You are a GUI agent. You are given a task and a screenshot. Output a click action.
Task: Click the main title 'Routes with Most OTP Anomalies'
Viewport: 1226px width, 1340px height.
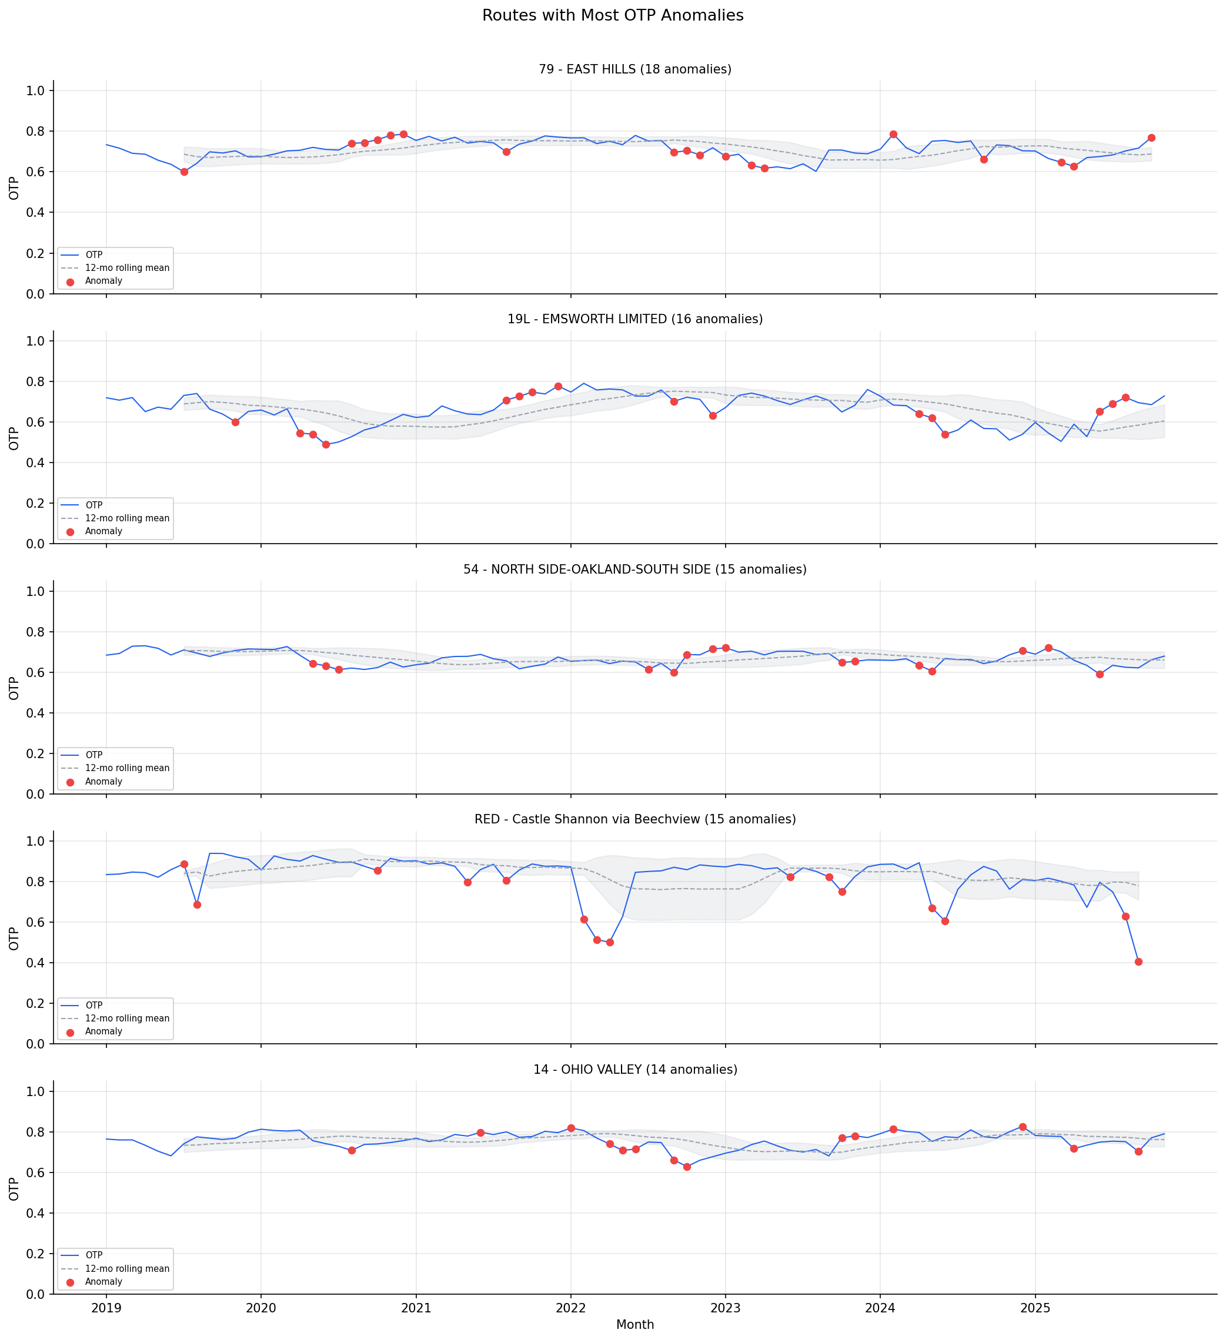pos(612,15)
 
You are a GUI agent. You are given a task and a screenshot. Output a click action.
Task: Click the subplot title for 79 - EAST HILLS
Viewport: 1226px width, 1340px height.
pos(634,69)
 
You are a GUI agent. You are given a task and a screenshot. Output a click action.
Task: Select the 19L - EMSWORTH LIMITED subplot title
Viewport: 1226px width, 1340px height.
pos(634,319)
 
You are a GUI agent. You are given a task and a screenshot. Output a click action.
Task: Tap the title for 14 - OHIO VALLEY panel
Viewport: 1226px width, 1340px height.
pos(634,1070)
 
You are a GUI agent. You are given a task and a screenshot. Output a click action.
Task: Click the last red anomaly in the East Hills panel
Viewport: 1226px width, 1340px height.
pos(1151,138)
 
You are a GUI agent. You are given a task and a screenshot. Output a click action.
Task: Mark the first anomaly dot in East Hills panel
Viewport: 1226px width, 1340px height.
pos(184,172)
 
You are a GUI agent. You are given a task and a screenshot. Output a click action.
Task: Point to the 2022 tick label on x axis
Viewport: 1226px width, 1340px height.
pos(570,1308)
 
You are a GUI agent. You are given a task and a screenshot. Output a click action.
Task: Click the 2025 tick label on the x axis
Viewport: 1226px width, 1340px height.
pos(1034,1308)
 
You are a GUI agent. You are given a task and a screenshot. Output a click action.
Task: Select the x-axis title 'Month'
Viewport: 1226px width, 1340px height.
pos(634,1325)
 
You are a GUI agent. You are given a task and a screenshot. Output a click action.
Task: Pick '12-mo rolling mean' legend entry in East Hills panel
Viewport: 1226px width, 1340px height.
pos(126,268)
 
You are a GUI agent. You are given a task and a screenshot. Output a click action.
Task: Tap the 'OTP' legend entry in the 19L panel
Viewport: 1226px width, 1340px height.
pos(93,505)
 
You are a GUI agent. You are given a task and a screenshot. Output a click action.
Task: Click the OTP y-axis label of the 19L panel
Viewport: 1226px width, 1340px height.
pos(14,438)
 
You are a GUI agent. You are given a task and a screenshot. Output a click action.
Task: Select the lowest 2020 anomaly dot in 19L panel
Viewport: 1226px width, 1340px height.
pos(326,445)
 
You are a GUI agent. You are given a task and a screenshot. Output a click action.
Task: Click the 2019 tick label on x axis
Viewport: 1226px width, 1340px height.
pos(106,1308)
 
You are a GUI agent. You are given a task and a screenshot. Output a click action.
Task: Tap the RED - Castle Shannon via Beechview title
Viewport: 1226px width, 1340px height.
pos(634,819)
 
